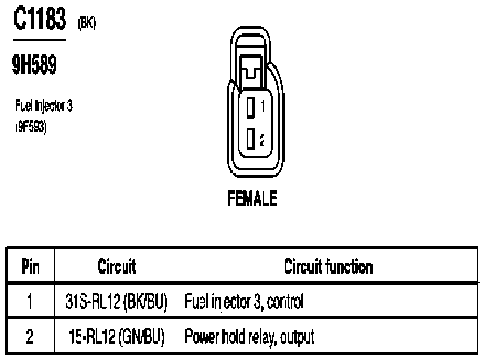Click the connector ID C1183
point(40,19)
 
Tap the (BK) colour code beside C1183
point(87,23)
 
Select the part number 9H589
point(34,65)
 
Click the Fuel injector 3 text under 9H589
point(44,106)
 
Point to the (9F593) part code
point(30,127)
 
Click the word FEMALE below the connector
point(252,199)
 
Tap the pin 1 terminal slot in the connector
point(251,108)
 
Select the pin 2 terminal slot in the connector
point(251,139)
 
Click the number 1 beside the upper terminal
point(263,106)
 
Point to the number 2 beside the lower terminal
point(263,140)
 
